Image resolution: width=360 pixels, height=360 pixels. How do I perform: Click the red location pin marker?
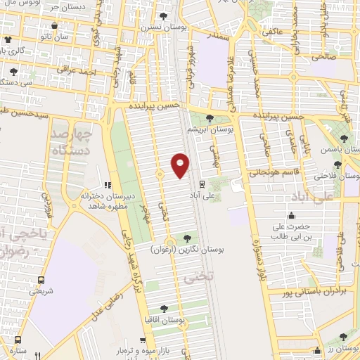point(180,165)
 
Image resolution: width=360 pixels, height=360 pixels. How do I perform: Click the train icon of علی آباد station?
point(202,184)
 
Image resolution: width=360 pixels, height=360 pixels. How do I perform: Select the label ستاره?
point(18,350)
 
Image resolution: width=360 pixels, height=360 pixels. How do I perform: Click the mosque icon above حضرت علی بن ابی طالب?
point(291,216)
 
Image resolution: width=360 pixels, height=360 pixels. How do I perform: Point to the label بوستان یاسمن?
point(334,150)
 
